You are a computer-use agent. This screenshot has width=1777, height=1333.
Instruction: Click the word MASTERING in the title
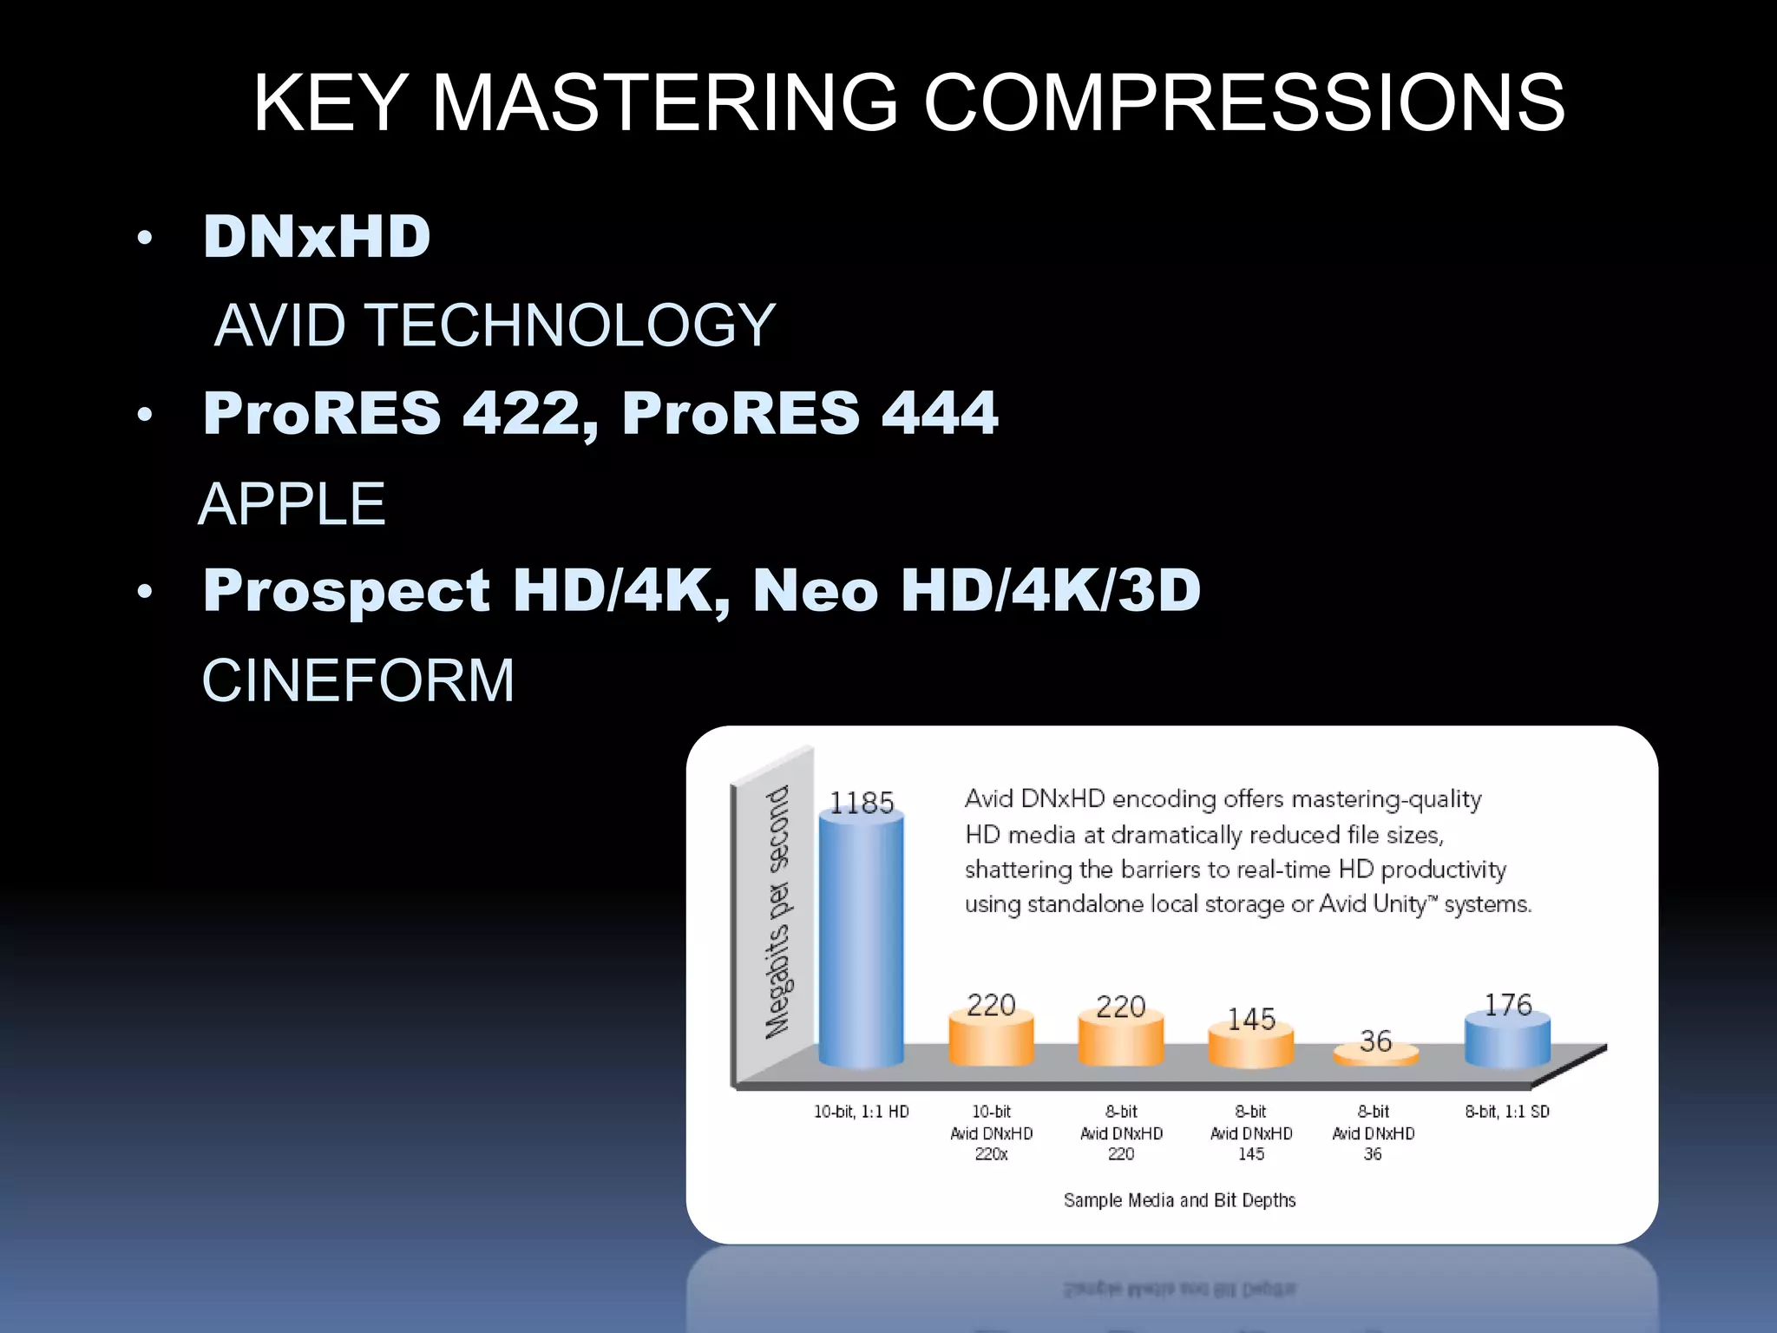[664, 103]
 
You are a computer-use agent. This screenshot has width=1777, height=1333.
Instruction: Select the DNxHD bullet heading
[317, 236]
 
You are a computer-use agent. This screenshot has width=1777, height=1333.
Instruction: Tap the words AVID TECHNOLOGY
[495, 325]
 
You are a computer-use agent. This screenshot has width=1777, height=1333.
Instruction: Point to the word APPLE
[292, 504]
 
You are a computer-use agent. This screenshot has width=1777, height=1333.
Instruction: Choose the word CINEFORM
[357, 680]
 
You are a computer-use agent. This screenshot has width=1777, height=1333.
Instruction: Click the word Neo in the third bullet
[816, 590]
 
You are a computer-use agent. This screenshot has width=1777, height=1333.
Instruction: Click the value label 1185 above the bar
[861, 803]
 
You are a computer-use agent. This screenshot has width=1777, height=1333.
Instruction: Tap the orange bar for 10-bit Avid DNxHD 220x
[991, 1041]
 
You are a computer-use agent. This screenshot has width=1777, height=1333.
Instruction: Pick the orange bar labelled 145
[1250, 1048]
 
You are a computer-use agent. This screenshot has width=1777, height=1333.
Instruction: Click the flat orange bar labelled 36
[1375, 1055]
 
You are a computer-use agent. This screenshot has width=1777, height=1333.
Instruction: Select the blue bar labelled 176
[1507, 1041]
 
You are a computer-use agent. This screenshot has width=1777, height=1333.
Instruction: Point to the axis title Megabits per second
[777, 911]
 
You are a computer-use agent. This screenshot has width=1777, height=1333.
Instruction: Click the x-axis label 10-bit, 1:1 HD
[861, 1112]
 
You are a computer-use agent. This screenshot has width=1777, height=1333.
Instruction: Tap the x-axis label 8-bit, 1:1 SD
[1507, 1112]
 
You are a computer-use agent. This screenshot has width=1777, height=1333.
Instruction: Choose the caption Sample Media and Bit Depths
[1179, 1200]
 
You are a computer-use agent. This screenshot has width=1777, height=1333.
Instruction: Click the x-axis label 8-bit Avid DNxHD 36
[1373, 1133]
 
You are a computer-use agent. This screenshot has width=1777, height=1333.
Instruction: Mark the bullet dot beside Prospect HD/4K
[145, 592]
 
